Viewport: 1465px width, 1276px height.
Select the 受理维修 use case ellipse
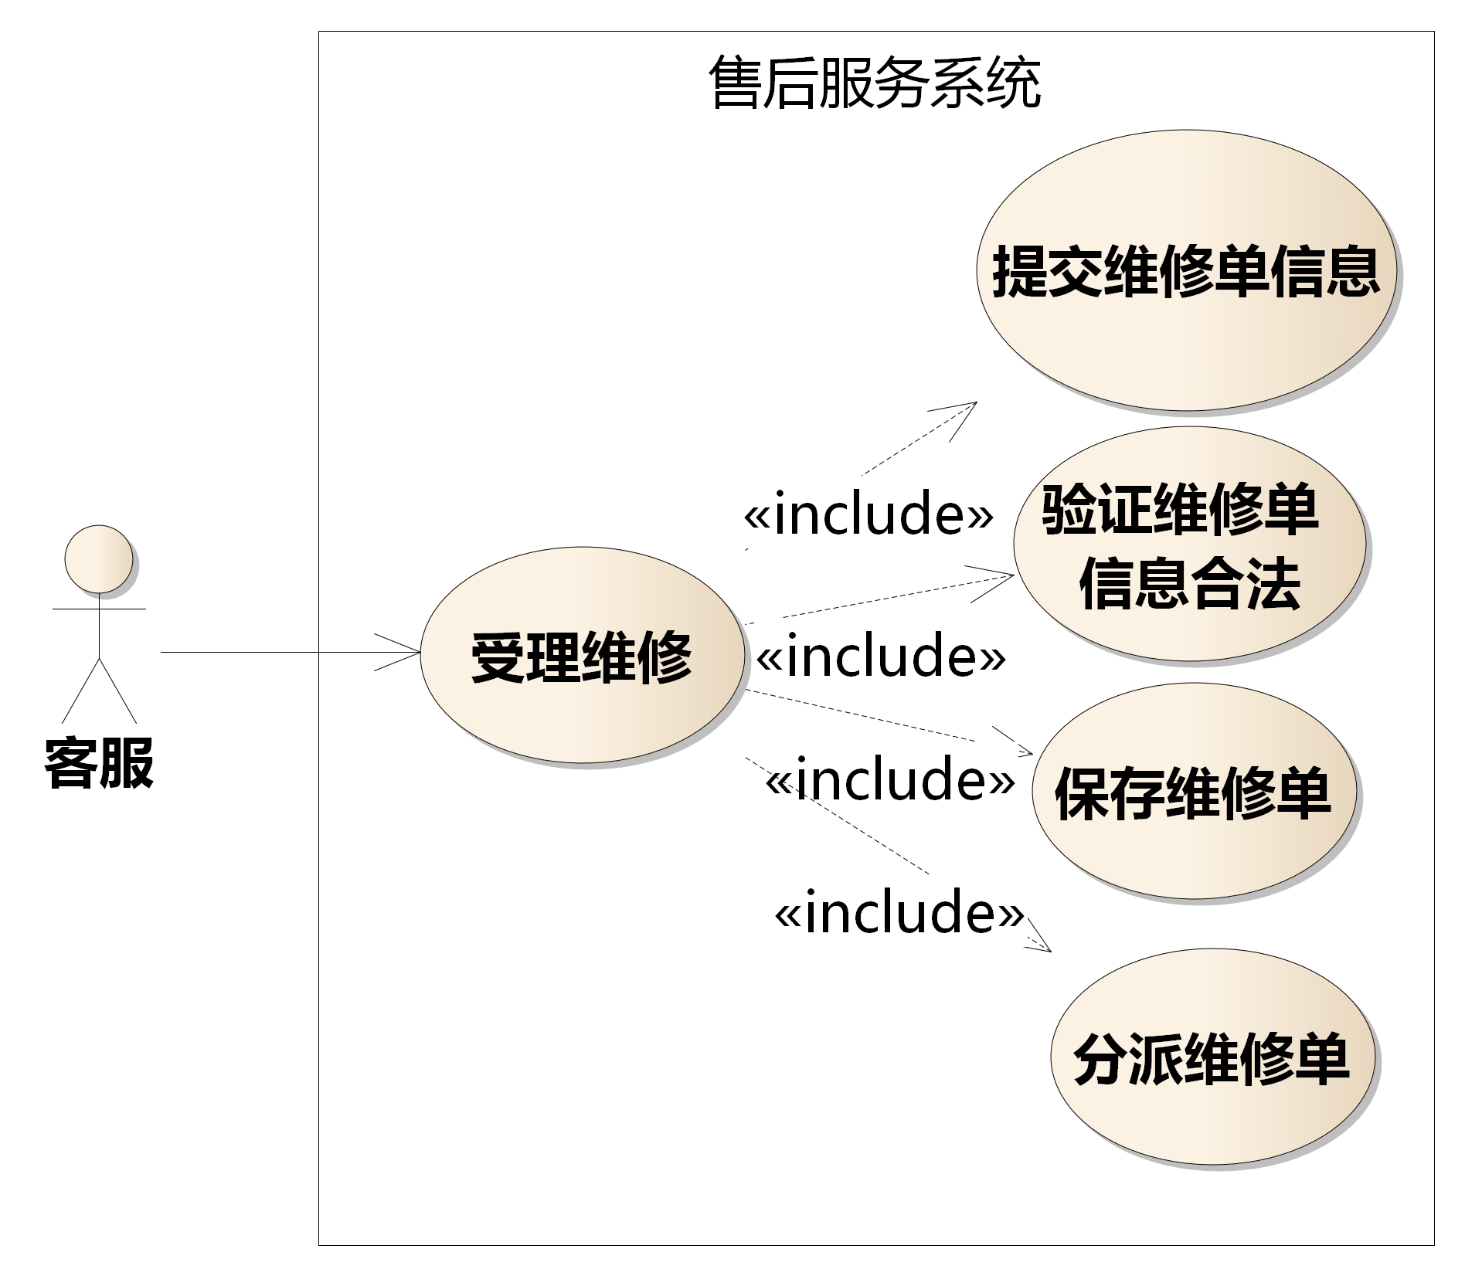coord(583,655)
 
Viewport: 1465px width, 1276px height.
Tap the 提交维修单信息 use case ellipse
coord(1186,270)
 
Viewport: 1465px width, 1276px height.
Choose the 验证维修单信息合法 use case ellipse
coord(1189,544)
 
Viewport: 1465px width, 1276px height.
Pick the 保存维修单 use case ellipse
coord(1194,791)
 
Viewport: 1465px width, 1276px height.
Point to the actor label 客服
coord(99,762)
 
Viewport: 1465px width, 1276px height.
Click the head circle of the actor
coord(99,559)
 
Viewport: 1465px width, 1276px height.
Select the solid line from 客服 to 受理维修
coord(291,653)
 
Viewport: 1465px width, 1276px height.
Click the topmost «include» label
coord(868,514)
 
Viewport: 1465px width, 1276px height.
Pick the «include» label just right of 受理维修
coord(881,654)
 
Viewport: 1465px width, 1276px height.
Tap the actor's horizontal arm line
coord(99,609)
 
